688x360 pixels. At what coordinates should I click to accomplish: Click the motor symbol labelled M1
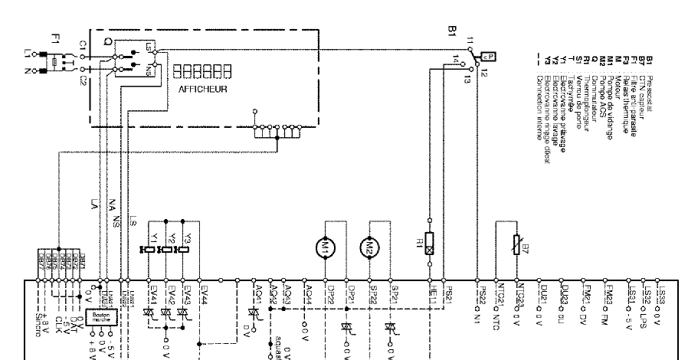(x=325, y=247)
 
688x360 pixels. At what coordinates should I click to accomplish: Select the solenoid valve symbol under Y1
(x=147, y=250)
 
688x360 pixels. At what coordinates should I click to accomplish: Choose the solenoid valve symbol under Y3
(x=182, y=250)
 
